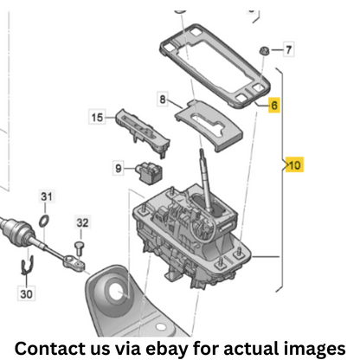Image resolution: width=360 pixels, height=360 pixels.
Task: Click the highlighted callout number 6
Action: click(274, 105)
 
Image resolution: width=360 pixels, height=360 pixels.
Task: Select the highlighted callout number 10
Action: click(294, 165)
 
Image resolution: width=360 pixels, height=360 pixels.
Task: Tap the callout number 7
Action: click(288, 50)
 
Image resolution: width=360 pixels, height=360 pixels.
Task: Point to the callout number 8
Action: click(163, 100)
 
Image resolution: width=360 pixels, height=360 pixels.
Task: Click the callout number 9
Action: click(119, 168)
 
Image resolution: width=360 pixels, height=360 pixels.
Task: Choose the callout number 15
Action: click(97, 118)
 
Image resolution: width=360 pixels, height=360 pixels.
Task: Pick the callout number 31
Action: click(47, 196)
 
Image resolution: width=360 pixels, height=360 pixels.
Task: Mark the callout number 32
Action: click(82, 222)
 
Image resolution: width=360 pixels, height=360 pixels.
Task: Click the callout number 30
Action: click(26, 294)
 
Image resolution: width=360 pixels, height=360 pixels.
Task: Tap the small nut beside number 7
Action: click(263, 51)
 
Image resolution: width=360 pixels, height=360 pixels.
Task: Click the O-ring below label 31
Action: click(44, 222)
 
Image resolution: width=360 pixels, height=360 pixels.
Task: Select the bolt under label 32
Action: click(79, 248)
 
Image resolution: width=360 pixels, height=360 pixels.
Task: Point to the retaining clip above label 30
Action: click(27, 265)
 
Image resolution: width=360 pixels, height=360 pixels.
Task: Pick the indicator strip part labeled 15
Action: click(143, 132)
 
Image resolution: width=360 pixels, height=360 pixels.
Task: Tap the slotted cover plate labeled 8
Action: click(209, 126)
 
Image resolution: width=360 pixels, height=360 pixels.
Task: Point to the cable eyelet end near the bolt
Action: click(74, 261)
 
